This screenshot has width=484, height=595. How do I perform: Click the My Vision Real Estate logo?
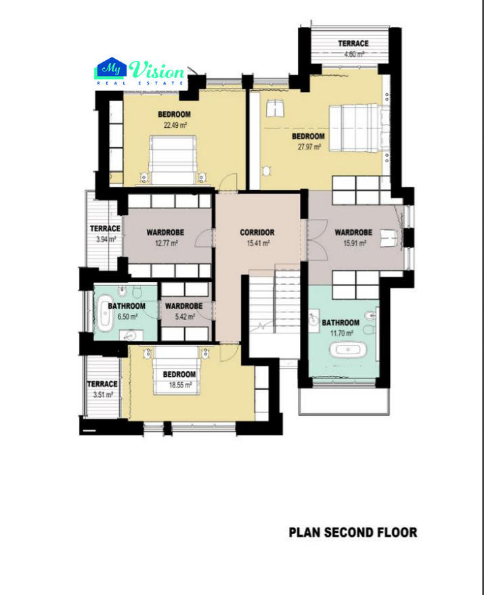pyautogui.click(x=140, y=73)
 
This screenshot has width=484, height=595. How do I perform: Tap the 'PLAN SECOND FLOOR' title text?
pyautogui.click(x=353, y=532)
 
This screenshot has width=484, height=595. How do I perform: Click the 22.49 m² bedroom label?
pyautogui.click(x=174, y=119)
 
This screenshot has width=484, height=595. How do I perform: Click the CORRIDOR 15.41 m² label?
pyautogui.click(x=257, y=237)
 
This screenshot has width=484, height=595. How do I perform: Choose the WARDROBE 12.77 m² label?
pyautogui.click(x=165, y=237)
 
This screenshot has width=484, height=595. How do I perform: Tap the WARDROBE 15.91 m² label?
pyautogui.click(x=353, y=237)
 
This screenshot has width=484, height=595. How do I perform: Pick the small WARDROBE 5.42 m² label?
pyautogui.click(x=183, y=310)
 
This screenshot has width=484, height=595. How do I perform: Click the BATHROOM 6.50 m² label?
pyautogui.click(x=123, y=310)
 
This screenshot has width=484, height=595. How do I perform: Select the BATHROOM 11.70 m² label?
pyautogui.click(x=340, y=327)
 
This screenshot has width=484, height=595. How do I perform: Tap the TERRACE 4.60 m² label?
pyautogui.click(x=353, y=47)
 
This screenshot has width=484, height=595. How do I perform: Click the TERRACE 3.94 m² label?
pyautogui.click(x=105, y=233)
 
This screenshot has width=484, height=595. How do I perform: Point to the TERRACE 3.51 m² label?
pyautogui.click(x=100, y=389)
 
